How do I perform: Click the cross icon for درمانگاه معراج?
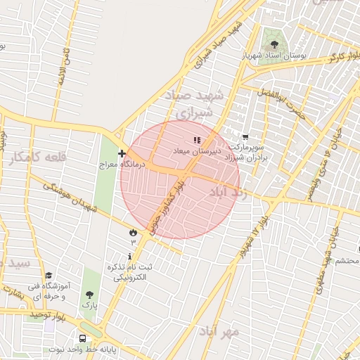click(x=122, y=153)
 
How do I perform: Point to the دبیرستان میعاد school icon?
click(x=198, y=141)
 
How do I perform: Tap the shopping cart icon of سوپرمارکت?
click(x=245, y=137)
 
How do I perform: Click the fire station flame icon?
click(x=132, y=232)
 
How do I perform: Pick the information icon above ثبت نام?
click(x=131, y=256)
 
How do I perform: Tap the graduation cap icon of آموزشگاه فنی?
click(x=49, y=276)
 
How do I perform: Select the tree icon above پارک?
click(x=89, y=295)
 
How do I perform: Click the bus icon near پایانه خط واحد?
click(x=83, y=339)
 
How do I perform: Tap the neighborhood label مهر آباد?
click(x=219, y=330)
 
